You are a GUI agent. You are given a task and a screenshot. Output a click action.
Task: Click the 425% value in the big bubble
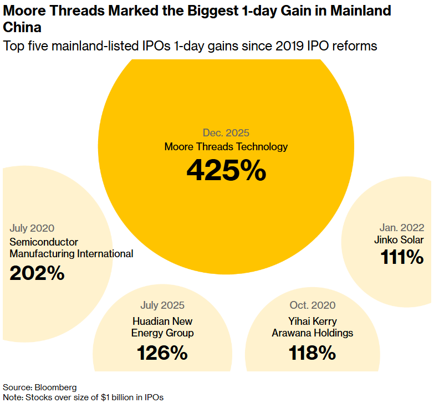226,170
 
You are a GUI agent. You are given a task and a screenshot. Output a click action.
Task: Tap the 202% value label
37,273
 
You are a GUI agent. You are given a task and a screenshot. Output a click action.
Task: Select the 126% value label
162,353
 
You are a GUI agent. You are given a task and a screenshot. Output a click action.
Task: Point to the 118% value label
312,353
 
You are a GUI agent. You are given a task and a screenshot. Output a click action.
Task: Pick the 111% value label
402,257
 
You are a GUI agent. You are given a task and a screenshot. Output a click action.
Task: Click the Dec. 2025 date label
226,133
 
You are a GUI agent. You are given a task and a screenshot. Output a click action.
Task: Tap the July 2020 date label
32,228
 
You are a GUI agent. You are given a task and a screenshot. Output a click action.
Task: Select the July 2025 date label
162,305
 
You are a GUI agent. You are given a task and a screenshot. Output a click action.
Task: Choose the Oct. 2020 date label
312,305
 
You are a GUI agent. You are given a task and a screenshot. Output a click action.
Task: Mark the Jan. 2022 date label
402,227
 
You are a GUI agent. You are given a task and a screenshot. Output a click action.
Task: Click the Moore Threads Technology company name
226,147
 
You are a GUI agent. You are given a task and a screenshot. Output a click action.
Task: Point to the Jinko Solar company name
399,240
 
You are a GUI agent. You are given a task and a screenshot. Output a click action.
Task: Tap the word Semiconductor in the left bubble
44,242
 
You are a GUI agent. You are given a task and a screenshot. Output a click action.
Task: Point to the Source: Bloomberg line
40,387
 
